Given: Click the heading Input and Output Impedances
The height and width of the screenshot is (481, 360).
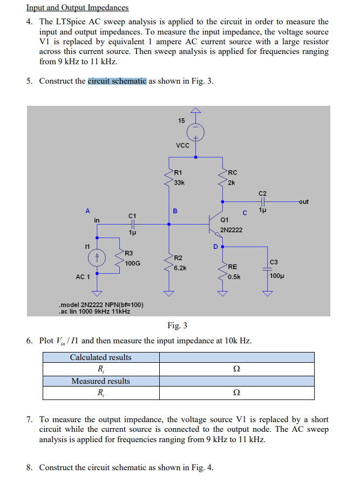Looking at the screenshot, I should (78, 8).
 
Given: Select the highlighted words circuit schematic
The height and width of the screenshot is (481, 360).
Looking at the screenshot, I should (117, 81).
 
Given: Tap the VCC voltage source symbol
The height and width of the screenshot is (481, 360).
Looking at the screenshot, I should (195, 132).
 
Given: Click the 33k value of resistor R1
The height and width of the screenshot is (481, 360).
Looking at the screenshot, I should (179, 182).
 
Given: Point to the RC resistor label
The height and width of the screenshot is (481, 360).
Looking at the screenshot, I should (233, 173).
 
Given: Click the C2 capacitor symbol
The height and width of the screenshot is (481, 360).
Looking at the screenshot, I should (262, 202).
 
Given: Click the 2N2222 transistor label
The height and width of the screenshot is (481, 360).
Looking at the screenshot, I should (231, 230).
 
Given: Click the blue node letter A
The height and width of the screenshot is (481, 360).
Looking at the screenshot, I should (87, 211).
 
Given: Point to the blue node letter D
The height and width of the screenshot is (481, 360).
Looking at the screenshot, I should (215, 246).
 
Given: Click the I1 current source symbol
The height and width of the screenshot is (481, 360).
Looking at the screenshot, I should (97, 257).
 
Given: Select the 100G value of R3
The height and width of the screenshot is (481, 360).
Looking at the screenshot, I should (132, 263).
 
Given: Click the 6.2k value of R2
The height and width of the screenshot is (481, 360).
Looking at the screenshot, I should (180, 267).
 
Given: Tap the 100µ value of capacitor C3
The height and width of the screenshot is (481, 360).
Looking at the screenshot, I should (276, 276).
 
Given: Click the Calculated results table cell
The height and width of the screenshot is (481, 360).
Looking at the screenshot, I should (101, 357).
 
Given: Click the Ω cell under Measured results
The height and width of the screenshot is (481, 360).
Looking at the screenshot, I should (236, 392).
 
